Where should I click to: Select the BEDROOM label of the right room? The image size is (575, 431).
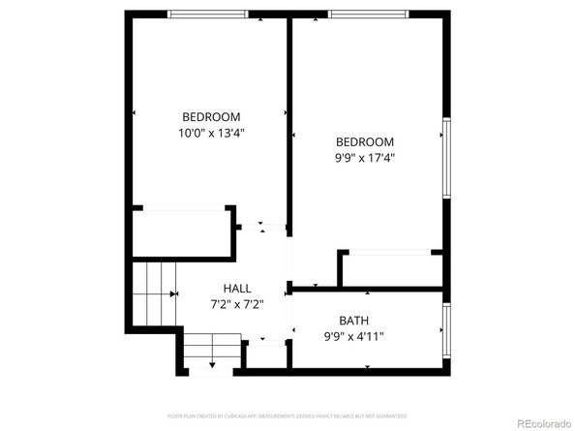(x=365, y=141)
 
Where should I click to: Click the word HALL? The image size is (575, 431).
(x=237, y=288)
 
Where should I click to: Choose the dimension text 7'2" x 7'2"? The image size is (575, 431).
(x=237, y=303)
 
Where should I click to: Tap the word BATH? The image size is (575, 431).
(x=353, y=321)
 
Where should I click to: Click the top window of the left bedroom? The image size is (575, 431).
(x=207, y=14)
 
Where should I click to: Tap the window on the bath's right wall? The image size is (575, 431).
(x=446, y=328)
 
